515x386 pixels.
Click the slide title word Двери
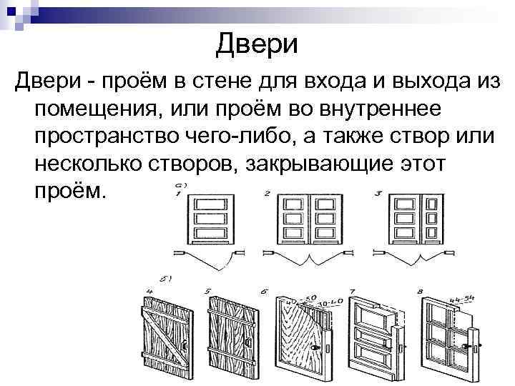(256, 44)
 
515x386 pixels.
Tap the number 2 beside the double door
(267, 194)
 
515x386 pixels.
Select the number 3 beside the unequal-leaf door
(379, 193)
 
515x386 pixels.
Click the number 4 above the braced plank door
(149, 292)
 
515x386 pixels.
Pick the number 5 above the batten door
(207, 292)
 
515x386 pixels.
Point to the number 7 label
(352, 292)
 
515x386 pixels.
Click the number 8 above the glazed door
(421, 292)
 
